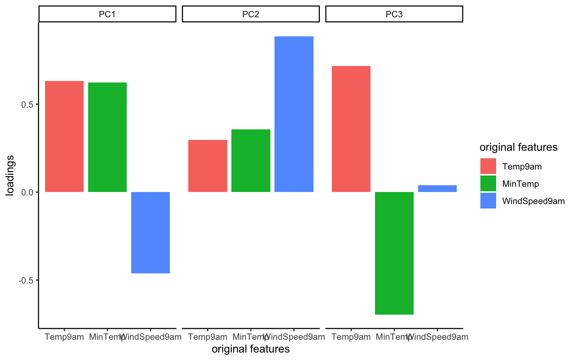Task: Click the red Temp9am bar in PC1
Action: (64, 136)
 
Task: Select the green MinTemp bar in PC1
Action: (107, 137)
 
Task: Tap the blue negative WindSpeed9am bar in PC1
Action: (150, 232)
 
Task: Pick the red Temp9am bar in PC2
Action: (207, 166)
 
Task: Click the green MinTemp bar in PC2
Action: (250, 160)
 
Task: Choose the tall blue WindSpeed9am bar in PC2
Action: (294, 114)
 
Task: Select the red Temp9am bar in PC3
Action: (351, 129)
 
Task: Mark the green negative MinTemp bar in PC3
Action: (394, 253)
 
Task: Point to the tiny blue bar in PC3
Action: (437, 189)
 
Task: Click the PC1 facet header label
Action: (107, 14)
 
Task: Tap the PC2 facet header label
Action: (250, 14)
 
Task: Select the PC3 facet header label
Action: (394, 14)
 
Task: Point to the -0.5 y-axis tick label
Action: (27, 280)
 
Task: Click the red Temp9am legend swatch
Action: (488, 166)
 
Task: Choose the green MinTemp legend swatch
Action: (488, 183)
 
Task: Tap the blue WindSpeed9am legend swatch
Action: (488, 201)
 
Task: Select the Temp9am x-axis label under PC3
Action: (351, 337)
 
